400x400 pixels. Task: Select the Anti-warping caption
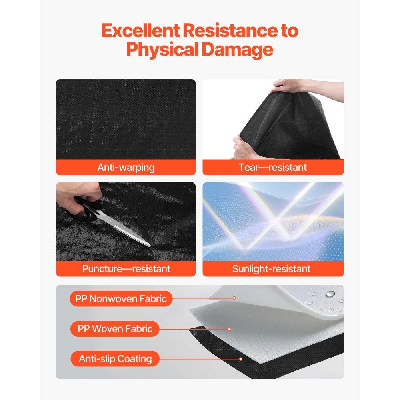tap(126, 167)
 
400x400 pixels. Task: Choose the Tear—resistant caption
tap(273, 167)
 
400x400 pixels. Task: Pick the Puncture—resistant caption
tap(126, 269)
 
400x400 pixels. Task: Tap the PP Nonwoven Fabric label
tap(121, 299)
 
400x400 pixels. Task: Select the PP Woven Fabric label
tap(115, 329)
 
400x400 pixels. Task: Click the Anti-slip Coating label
tap(115, 359)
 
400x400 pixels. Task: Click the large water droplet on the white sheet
tap(330, 294)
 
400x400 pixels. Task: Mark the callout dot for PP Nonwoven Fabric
tap(234, 298)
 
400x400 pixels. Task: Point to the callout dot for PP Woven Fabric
tap(230, 329)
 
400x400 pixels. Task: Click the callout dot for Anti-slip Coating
tap(240, 359)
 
